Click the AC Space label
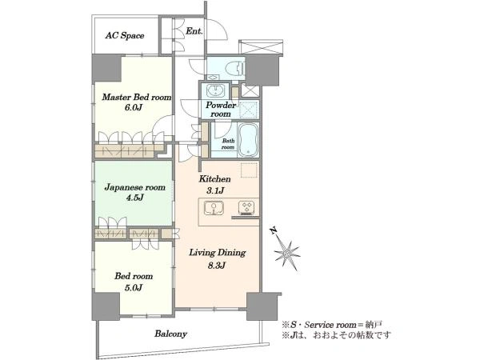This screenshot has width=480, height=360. point(125,35)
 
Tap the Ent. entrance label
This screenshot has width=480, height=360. point(194,31)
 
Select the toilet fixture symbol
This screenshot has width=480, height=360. point(234,67)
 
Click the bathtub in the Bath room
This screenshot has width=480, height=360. point(248,139)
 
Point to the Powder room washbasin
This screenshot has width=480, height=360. point(215,90)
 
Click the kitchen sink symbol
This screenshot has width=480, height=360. point(214,208)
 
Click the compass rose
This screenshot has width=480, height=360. point(287,253)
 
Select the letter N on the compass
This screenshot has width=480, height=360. point(273,230)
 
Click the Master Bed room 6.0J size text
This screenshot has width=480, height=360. point(133,107)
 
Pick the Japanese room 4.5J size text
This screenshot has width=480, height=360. point(134,198)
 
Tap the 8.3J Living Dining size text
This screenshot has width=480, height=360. point(217,266)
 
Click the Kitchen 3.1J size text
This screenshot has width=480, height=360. point(215,190)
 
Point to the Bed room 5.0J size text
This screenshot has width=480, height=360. point(134,287)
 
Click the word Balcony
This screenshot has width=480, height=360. point(170,334)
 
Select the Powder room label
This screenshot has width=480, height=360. point(221,110)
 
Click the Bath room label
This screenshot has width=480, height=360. point(228,144)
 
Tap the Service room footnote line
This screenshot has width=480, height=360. point(332,325)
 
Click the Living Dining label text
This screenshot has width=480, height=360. point(218,253)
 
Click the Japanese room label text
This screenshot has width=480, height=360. point(134,187)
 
